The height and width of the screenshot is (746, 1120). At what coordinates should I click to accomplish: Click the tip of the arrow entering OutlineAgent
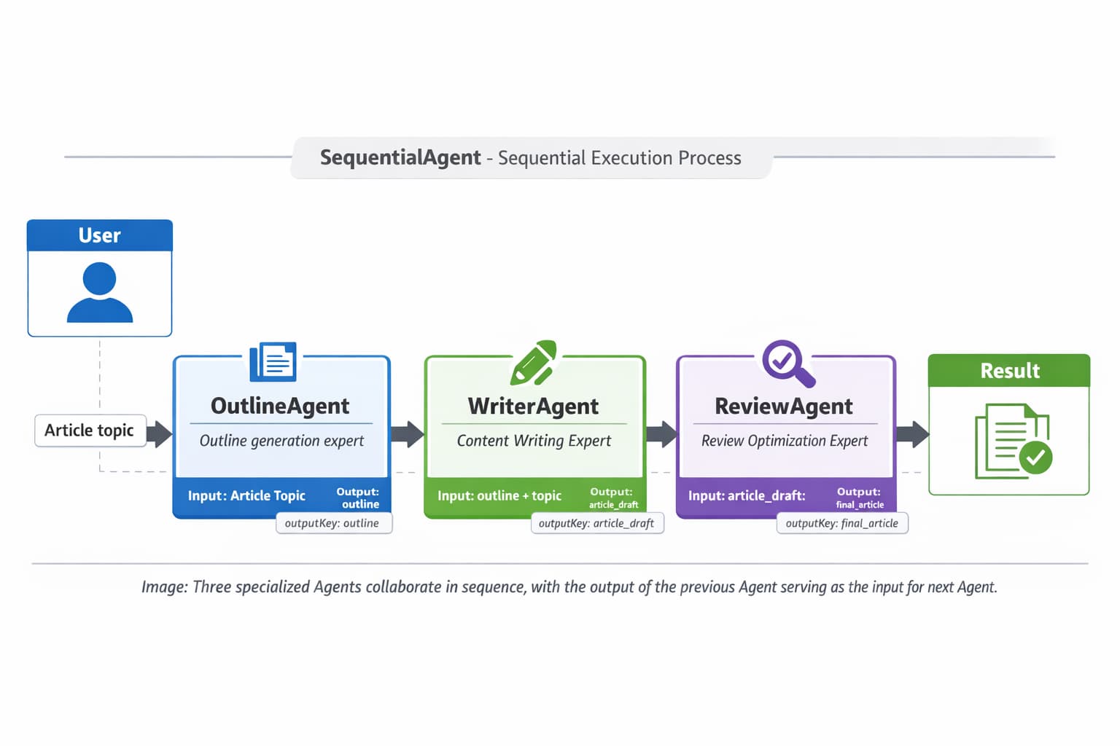pos(173,433)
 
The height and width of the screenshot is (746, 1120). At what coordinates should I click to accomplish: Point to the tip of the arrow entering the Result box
pos(930,433)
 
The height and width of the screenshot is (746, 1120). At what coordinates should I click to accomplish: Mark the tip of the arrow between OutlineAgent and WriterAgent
pos(424,433)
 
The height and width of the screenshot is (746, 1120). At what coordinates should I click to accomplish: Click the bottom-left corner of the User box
pos(28,337)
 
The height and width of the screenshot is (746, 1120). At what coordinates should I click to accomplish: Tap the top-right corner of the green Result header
pos(1090,355)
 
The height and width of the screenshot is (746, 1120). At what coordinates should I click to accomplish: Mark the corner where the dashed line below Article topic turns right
pos(99,471)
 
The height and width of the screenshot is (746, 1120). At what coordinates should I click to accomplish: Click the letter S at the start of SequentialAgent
pos(326,157)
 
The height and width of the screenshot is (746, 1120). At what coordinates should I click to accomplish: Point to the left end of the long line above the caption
pos(32,564)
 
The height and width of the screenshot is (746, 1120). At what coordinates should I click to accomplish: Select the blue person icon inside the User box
pos(99,292)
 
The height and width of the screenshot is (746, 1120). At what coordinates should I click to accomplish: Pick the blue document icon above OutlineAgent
pos(273,362)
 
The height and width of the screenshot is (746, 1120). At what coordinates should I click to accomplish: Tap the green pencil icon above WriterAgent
pos(534,363)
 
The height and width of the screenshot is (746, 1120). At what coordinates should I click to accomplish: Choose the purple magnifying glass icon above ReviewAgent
pos(788,364)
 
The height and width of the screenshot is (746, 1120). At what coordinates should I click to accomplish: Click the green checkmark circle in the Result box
pos(1035,458)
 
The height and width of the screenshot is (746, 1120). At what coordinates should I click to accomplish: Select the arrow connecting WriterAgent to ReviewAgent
pos(662,433)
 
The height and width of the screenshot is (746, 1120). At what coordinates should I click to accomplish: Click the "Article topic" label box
pos(90,431)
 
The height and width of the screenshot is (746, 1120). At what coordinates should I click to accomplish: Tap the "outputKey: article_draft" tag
pos(597,523)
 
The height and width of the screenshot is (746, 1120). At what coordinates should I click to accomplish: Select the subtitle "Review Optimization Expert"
pos(785,441)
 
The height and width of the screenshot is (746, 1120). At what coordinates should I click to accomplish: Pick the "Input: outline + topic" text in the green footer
pos(499,495)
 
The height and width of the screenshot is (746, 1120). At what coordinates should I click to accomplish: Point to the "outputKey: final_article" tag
pos(842,523)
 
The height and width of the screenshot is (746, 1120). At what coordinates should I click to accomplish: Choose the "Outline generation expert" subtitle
pos(281,441)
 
